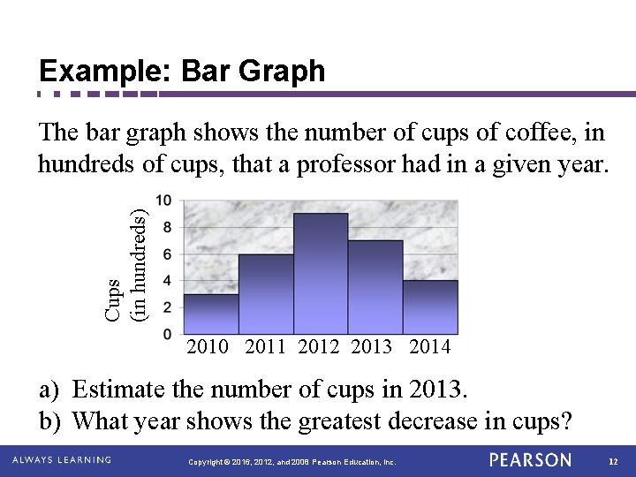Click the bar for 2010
click(x=211, y=314)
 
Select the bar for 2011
click(x=266, y=294)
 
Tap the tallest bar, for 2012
click(x=321, y=274)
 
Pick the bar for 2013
click(x=375, y=287)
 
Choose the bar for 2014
click(x=430, y=307)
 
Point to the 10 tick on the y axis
click(x=164, y=201)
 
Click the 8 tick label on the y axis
click(x=167, y=228)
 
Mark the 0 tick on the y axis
click(x=167, y=334)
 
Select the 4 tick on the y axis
click(x=167, y=281)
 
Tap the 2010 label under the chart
click(x=208, y=347)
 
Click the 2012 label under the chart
click(x=319, y=347)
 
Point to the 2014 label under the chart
click(x=430, y=347)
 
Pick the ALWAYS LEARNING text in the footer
click(x=62, y=460)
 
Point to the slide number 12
click(x=614, y=461)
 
